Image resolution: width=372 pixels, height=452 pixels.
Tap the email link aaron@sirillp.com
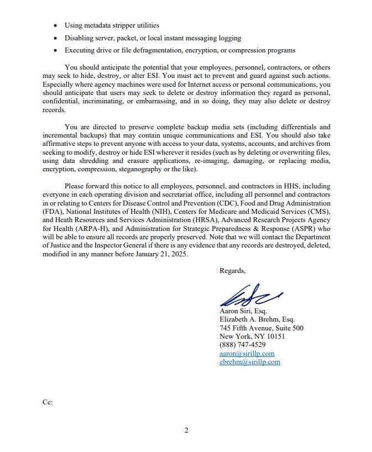click(x=247, y=354)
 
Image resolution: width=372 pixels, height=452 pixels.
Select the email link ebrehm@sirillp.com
click(x=249, y=362)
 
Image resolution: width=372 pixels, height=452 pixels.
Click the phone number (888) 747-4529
click(x=242, y=345)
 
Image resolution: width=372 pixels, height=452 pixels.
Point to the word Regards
click(x=232, y=270)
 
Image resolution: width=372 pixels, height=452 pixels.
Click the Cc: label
click(x=48, y=402)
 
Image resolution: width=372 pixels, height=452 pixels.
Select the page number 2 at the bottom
click(x=186, y=430)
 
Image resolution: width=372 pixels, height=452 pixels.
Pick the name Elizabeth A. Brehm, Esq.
click(x=257, y=319)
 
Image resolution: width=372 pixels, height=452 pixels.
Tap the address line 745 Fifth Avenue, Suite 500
click(x=261, y=328)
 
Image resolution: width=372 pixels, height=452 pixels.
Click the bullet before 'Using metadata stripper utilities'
click(x=55, y=25)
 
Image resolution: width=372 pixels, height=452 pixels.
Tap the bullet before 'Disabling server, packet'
click(x=55, y=38)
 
